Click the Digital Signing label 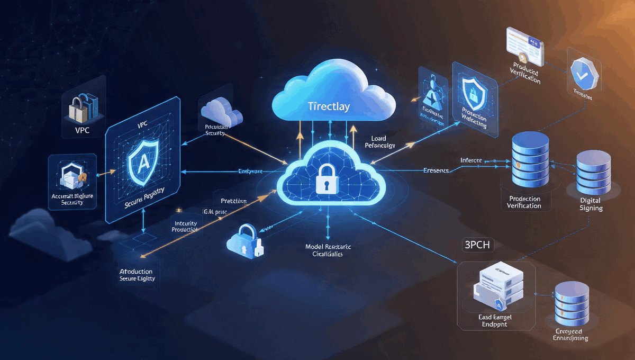pos(591,204)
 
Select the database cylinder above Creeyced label pos(571,305)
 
